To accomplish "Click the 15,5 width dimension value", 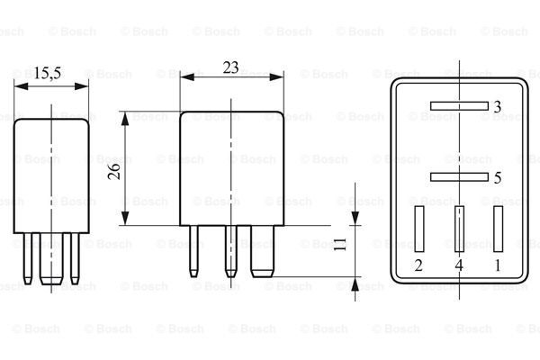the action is click(47, 73).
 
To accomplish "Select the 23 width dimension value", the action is click(230, 67).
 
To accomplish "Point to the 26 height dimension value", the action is click(114, 171).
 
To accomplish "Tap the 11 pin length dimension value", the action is click(340, 244).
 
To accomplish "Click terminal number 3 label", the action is click(497, 107).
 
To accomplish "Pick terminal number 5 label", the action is click(498, 178).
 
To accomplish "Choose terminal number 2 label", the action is click(418, 265).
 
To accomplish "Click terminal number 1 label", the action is click(498, 265).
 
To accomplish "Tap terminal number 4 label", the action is click(459, 265).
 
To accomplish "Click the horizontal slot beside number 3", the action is click(459, 106).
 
